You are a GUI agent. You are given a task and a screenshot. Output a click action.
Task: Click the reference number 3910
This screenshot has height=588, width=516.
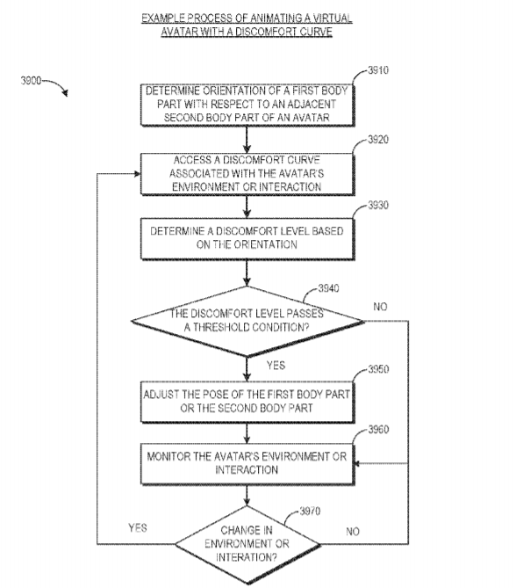(378, 70)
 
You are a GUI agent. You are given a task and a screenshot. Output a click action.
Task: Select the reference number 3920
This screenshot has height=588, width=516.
(378, 140)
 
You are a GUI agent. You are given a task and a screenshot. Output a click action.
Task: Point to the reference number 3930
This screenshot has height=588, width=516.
(378, 205)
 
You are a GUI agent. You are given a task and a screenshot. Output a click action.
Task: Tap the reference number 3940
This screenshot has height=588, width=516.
(328, 288)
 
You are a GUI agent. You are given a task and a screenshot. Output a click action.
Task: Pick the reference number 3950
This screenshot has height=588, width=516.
(378, 369)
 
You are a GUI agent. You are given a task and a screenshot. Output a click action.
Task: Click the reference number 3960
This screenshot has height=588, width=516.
(378, 429)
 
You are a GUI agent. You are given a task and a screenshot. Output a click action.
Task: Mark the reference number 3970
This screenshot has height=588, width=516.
(310, 511)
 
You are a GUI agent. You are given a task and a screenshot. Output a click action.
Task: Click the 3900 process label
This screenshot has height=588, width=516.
(31, 80)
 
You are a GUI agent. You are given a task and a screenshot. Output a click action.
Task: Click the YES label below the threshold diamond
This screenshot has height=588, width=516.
(276, 366)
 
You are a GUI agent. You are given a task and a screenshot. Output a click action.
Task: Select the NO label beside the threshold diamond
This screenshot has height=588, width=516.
(380, 307)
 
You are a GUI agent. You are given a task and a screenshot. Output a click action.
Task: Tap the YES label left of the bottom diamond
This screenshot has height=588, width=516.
(138, 528)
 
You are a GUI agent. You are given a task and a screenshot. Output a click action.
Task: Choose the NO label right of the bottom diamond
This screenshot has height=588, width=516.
(353, 532)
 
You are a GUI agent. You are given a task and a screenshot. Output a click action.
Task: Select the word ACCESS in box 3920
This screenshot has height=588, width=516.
(192, 160)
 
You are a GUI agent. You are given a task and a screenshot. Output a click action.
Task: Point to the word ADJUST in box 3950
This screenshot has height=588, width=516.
(161, 395)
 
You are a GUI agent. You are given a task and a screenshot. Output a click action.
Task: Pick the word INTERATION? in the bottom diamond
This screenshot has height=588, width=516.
(247, 557)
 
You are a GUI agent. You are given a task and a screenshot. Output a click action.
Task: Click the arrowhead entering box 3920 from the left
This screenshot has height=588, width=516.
(138, 174)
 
